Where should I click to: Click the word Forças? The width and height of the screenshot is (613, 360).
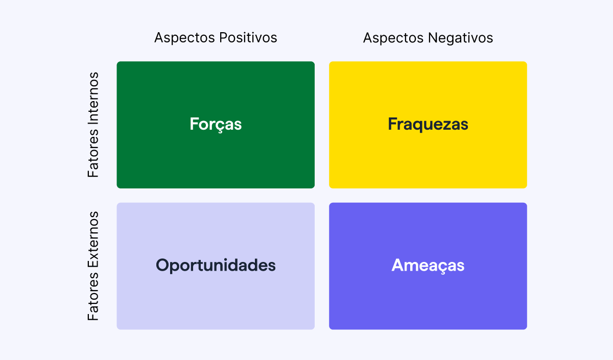click(x=216, y=124)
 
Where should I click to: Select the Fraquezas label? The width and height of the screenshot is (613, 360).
click(x=428, y=124)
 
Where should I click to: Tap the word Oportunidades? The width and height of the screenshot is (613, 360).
click(x=216, y=266)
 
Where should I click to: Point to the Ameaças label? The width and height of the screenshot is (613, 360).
click(x=428, y=266)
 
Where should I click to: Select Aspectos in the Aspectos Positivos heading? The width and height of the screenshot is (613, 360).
click(x=184, y=38)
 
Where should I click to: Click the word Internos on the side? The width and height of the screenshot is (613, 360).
click(x=93, y=97)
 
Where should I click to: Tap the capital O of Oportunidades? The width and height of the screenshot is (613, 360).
click(x=162, y=266)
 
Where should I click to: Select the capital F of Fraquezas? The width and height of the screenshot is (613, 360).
click(x=393, y=124)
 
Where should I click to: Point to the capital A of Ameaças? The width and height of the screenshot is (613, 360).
click(x=398, y=266)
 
